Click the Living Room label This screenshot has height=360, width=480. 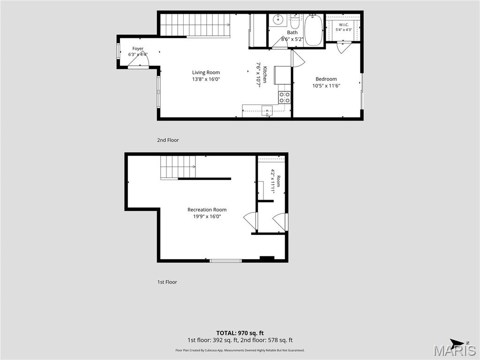206,73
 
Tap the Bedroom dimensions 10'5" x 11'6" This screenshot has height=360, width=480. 326,86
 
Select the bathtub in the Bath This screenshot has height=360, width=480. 314,30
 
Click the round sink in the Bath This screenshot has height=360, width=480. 278,20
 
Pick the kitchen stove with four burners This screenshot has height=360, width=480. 285,97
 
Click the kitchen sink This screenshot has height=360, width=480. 267,111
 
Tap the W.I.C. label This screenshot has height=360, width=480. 344,25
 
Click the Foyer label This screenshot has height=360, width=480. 138,48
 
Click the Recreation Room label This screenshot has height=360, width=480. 207,210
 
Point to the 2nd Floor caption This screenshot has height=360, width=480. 168,140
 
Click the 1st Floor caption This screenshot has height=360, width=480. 167,282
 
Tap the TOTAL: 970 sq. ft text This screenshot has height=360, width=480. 240,333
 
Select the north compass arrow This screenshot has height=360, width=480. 457,343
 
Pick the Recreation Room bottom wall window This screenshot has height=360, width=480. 225,261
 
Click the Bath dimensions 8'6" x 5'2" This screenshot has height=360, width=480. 292,39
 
